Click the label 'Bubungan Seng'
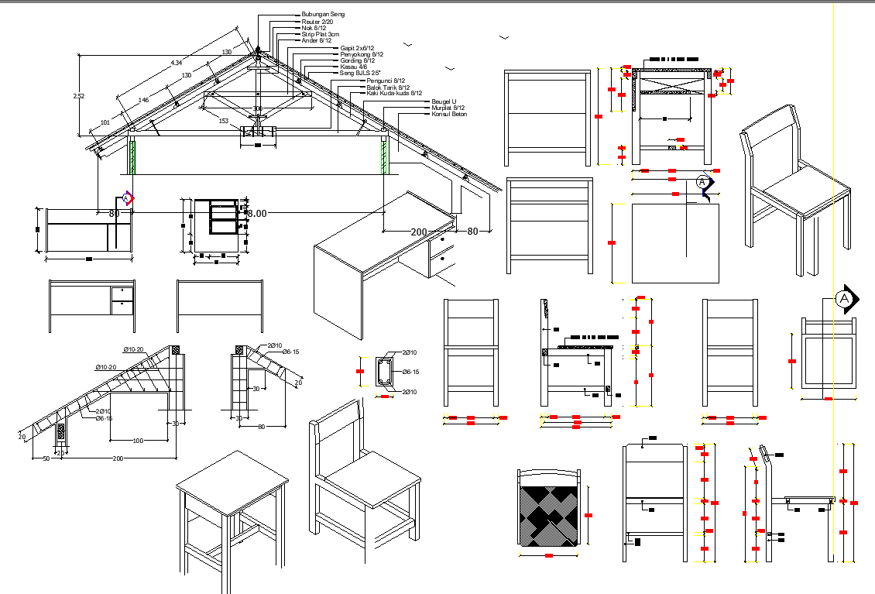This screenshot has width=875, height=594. click(x=323, y=14)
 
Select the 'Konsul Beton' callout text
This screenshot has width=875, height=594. click(x=449, y=114)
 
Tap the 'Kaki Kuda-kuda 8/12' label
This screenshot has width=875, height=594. click(x=394, y=94)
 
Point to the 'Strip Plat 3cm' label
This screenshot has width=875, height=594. click(x=320, y=35)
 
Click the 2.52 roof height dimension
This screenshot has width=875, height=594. click(x=78, y=96)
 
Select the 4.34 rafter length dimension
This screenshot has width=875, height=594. click(x=177, y=62)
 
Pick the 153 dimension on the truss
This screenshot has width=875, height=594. click(x=223, y=121)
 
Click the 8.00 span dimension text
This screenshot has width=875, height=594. click(x=256, y=213)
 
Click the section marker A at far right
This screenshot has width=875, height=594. click(x=844, y=299)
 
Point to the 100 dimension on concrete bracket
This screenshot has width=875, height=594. click(x=139, y=441)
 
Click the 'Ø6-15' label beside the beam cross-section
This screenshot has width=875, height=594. click(x=410, y=373)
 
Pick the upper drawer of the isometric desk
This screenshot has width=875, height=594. click(x=442, y=242)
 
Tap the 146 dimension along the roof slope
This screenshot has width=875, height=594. click(x=143, y=101)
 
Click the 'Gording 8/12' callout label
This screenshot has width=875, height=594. click(x=357, y=60)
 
